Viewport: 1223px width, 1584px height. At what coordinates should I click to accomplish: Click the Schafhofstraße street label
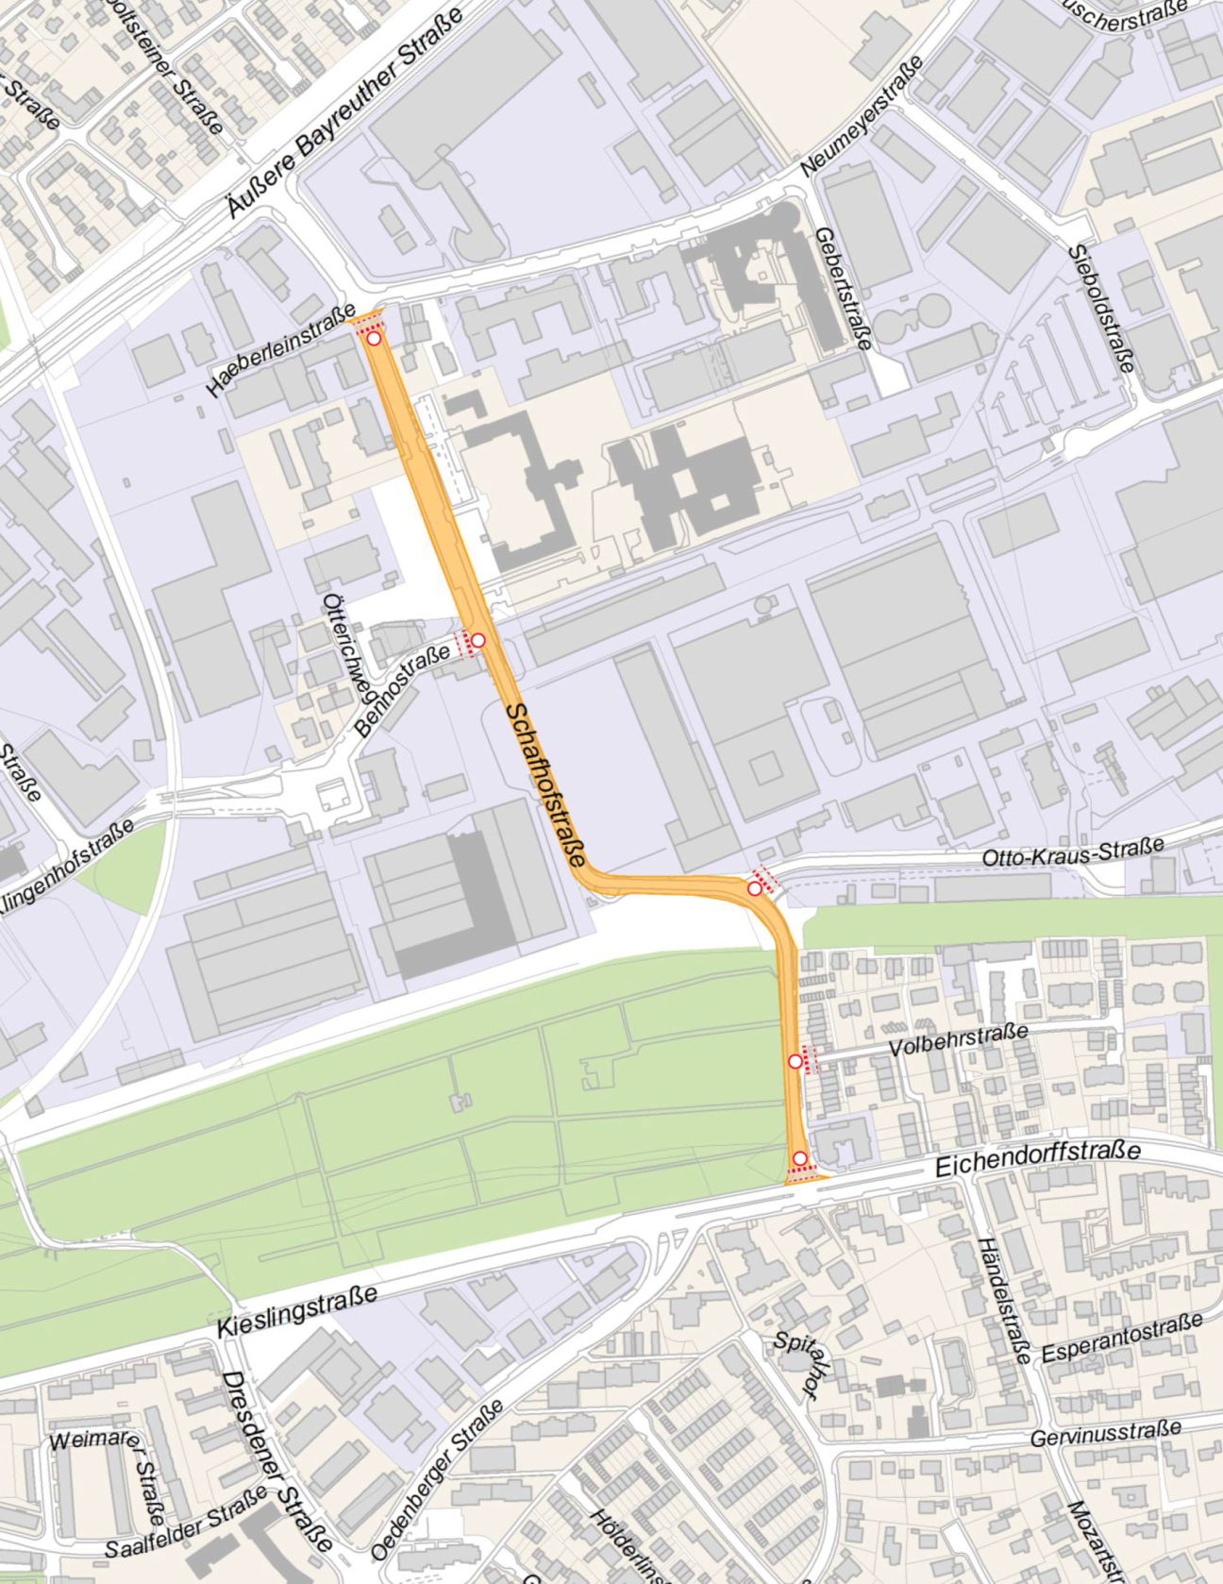(x=545, y=784)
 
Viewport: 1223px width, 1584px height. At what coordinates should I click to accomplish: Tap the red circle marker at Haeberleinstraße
(x=375, y=338)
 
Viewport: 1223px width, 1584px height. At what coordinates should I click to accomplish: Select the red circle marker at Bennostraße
(x=477, y=640)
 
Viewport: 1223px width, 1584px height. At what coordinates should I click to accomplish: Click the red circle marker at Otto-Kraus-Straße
(x=755, y=888)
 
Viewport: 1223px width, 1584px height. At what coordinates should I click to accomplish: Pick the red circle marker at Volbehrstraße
(x=796, y=1062)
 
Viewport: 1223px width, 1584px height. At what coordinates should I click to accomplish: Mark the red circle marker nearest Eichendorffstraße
(x=800, y=1158)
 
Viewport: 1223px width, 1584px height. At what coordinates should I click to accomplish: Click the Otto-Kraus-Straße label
(x=1073, y=852)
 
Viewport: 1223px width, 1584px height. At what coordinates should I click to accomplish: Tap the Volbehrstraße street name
(x=958, y=1039)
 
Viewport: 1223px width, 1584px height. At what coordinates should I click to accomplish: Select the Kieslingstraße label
(x=297, y=1311)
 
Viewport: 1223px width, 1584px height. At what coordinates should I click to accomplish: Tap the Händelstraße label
(x=1002, y=1300)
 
